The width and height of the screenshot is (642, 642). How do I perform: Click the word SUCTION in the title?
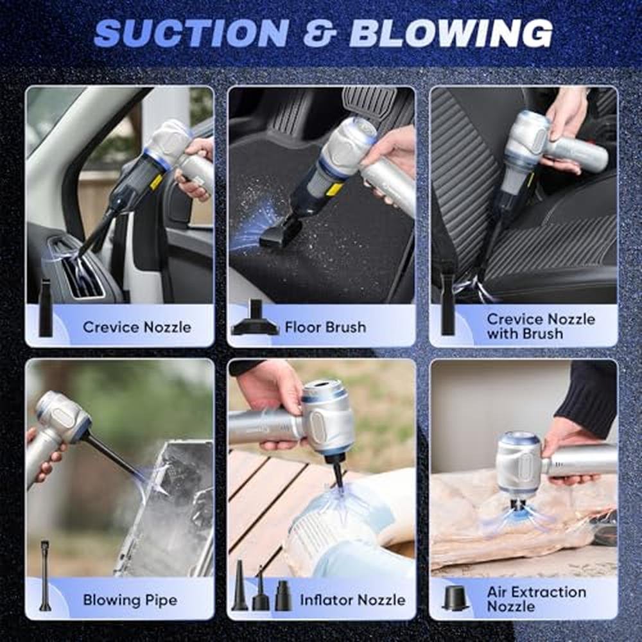click(191, 32)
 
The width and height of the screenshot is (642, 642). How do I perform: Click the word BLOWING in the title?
click(451, 33)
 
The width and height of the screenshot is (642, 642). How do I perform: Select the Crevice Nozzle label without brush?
click(137, 327)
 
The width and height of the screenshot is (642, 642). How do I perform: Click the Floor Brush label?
click(325, 327)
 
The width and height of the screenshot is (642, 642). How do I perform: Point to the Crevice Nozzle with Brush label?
click(541, 326)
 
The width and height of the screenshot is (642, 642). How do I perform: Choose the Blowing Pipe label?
click(130, 600)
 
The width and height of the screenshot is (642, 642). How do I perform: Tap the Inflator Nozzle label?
click(352, 600)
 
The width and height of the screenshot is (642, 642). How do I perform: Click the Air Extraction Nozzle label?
click(536, 599)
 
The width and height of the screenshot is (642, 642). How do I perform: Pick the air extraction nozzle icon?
click(456, 598)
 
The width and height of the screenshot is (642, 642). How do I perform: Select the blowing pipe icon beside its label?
click(45, 576)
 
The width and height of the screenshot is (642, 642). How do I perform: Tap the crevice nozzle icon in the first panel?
click(46, 308)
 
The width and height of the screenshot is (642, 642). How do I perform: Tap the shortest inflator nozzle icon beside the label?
click(283, 596)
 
